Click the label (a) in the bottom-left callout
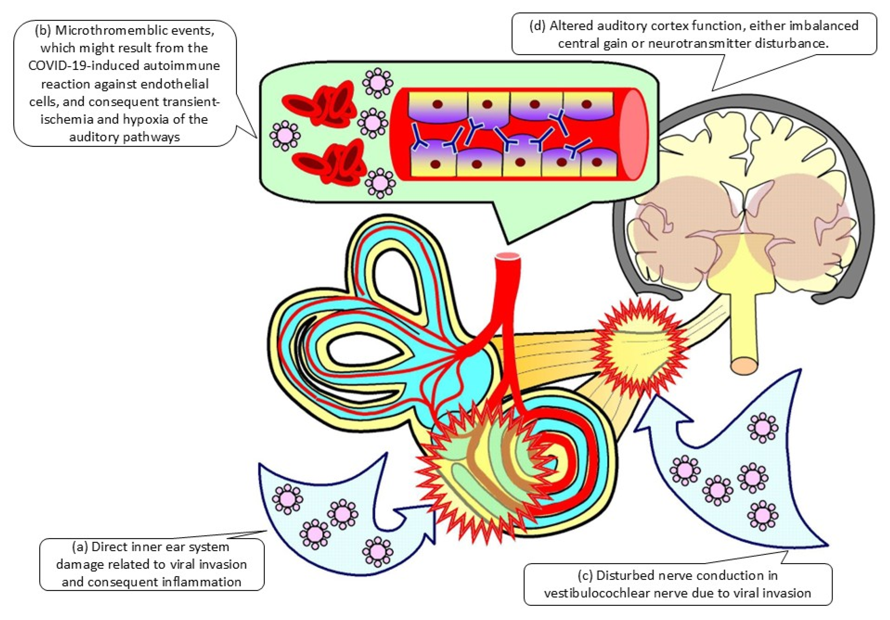pos(80,547)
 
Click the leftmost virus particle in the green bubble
pos(285,136)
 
